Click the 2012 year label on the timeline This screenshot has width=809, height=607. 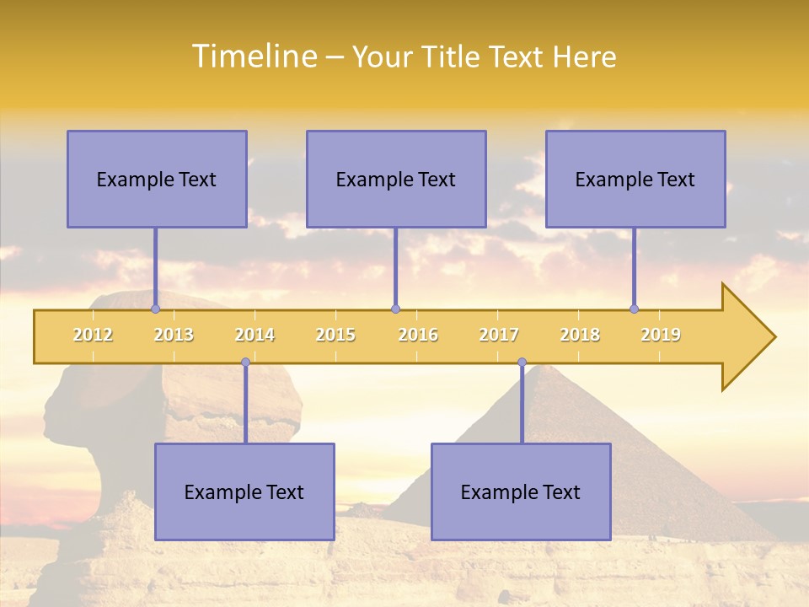click(x=93, y=335)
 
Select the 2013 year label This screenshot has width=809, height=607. click(x=174, y=335)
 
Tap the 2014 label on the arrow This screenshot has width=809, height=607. click(x=254, y=335)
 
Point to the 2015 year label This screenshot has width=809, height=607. click(x=335, y=335)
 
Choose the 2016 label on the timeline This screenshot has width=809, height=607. click(x=418, y=335)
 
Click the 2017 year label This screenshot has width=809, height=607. click(x=499, y=335)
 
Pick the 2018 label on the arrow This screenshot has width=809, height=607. click(x=580, y=335)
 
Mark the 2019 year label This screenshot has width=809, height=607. click(x=661, y=335)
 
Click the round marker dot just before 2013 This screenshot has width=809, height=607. click(x=155, y=309)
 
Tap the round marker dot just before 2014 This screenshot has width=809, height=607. click(x=245, y=363)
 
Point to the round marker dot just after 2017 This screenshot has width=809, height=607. click(x=522, y=363)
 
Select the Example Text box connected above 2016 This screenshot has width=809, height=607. click(x=396, y=179)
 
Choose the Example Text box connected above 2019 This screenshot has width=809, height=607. click(x=635, y=179)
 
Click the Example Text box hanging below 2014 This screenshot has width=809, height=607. click(x=244, y=492)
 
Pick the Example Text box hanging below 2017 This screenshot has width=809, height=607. click(x=521, y=492)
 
